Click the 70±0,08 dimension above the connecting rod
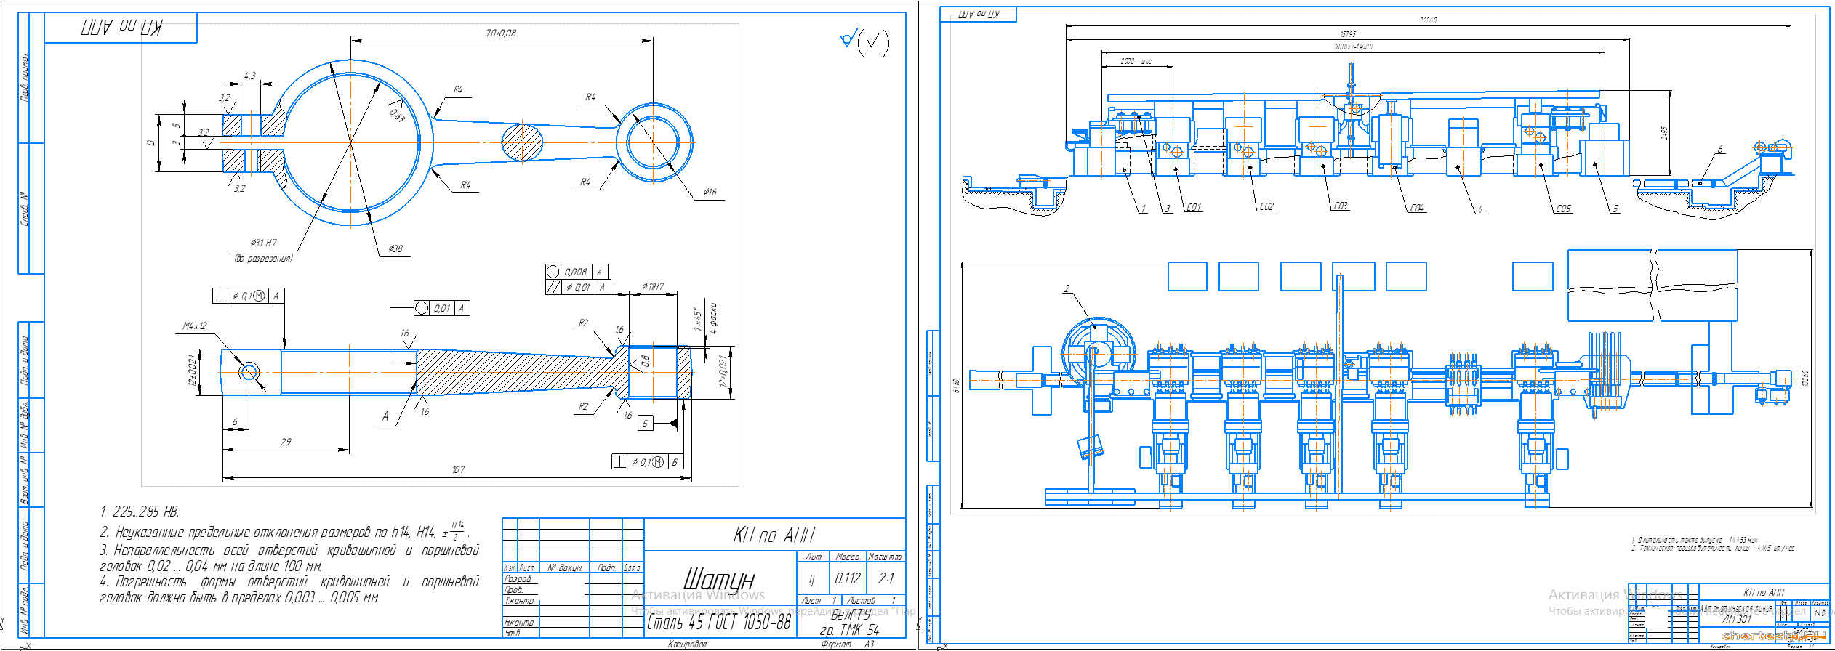point(501,33)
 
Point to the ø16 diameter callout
point(710,193)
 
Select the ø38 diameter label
point(395,249)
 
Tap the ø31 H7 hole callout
point(263,243)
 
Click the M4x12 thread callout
point(194,326)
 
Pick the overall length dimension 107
point(458,470)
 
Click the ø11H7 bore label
point(652,287)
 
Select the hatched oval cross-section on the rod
point(522,142)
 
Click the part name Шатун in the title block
point(718,580)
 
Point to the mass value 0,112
point(847,579)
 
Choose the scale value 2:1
point(886,579)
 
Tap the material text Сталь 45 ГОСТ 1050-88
point(718,623)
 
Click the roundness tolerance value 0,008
point(576,272)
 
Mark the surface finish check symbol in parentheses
point(873,43)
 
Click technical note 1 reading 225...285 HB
point(140,512)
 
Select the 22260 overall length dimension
point(1427,20)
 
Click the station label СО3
point(1340,206)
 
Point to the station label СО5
point(1563,209)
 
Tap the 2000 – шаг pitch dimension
point(1136,62)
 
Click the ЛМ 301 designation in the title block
point(1737,620)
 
